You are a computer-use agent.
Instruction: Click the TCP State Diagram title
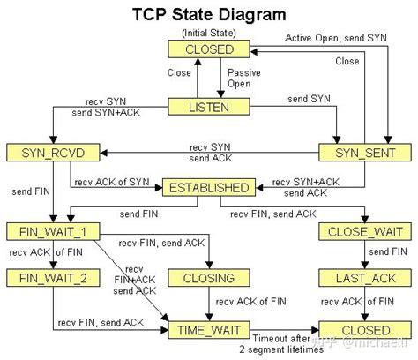(209, 14)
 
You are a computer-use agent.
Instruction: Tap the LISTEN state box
(210, 106)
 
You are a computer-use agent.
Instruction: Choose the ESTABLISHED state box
(208, 187)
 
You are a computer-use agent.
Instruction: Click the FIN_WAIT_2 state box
(41, 278)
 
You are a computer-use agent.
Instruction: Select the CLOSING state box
(209, 278)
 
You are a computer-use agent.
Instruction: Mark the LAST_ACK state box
(362, 278)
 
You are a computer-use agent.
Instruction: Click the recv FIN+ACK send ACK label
(134, 281)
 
